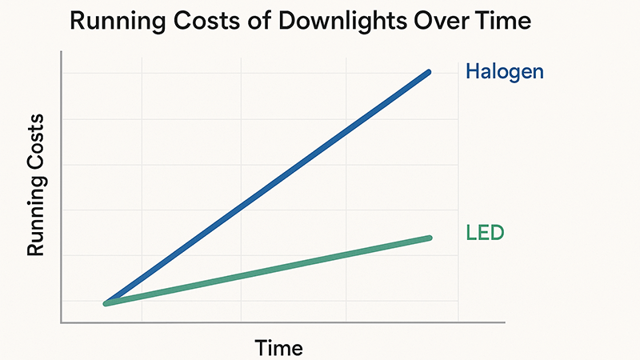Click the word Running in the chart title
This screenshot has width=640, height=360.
click(x=118, y=22)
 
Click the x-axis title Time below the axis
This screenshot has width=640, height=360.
click(x=278, y=348)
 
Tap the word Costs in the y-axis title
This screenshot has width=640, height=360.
click(x=36, y=148)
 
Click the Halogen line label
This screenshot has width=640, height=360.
click(x=504, y=72)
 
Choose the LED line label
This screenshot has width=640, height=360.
click(x=485, y=234)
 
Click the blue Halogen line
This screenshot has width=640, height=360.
click(x=268, y=187)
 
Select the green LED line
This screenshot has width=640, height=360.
click(x=268, y=270)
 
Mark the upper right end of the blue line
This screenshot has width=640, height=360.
click(x=430, y=73)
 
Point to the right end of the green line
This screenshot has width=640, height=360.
click(x=430, y=238)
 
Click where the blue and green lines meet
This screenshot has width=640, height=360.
click(x=106, y=303)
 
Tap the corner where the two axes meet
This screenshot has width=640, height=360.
click(x=62, y=322)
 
